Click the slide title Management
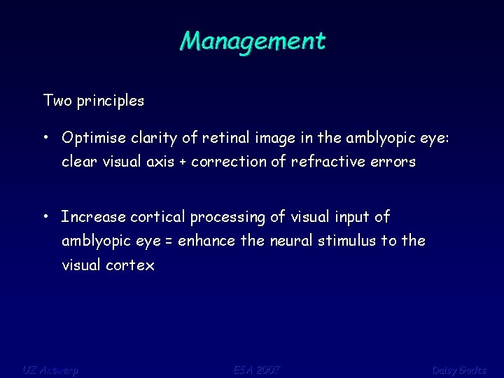click(252, 41)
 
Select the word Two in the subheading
click(55, 101)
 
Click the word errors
click(394, 162)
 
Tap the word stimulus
click(346, 241)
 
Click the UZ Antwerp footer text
click(50, 369)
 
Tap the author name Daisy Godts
click(458, 369)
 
